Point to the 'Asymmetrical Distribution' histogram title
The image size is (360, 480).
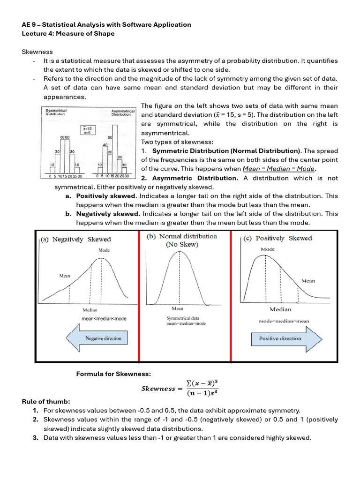tap(123, 112)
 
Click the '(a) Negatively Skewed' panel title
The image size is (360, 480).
tap(75, 239)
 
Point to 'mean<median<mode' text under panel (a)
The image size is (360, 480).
tap(104, 319)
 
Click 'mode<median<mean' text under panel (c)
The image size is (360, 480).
tap(284, 321)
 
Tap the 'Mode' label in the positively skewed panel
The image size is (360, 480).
tap(268, 249)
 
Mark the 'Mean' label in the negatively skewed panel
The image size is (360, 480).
tap(64, 276)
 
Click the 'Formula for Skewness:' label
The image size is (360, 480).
tap(114, 374)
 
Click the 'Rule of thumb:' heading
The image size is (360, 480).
tap(45, 401)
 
